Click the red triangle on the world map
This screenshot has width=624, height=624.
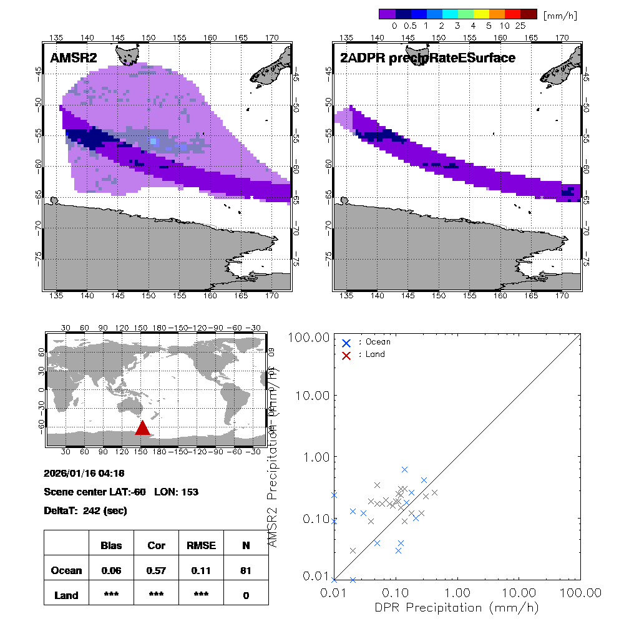142,428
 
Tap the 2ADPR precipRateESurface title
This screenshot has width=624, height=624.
427,58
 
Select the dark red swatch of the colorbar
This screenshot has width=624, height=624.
529,14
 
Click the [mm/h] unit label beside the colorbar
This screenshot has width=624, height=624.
559,14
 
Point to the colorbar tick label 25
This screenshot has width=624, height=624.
521,26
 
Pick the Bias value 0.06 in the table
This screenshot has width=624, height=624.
111,570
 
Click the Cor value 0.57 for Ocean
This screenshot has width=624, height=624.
156,570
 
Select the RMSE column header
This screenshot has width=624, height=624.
201,545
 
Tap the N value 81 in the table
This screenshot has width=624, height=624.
246,570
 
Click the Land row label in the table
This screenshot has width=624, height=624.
66,595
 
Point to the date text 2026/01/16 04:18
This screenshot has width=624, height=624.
84,474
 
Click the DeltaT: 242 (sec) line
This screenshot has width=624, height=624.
85,511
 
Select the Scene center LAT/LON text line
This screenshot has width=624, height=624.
121,492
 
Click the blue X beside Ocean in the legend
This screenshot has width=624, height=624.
346,343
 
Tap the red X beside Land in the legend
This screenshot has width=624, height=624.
346,354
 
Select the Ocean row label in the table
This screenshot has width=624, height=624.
66,570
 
